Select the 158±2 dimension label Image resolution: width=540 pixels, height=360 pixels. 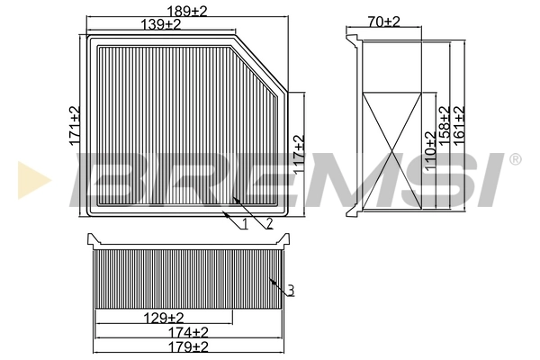445,127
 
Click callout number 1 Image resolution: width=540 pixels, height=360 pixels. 245,223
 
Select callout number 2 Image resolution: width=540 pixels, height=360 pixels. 268,223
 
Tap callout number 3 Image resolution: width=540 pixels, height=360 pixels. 291,290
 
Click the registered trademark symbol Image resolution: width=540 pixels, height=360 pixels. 515,159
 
